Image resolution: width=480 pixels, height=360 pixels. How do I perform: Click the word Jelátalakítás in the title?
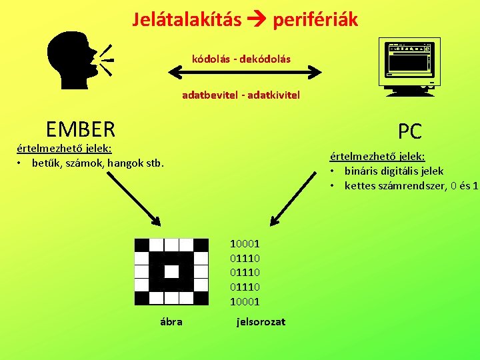click(x=187, y=20)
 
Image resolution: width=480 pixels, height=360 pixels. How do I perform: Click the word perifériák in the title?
click(x=313, y=20)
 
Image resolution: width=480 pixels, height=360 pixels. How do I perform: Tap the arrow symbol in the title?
click(x=254, y=21)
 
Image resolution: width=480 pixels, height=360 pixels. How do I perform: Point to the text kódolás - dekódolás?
click(x=241, y=59)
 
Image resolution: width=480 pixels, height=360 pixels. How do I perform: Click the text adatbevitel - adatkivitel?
click(x=241, y=95)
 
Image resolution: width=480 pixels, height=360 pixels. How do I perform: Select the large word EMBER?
click(x=81, y=128)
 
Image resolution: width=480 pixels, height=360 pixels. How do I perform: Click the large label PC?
click(x=410, y=131)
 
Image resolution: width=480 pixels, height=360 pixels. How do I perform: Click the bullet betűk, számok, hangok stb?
click(x=97, y=163)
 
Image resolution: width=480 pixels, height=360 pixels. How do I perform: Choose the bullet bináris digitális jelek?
click(x=394, y=171)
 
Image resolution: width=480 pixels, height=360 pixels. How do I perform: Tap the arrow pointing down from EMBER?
click(x=130, y=193)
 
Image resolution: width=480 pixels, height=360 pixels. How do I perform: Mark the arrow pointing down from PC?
click(x=294, y=197)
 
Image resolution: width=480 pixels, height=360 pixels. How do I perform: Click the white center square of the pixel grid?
click(x=171, y=271)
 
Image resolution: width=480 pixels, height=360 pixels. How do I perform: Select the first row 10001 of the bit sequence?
click(x=245, y=244)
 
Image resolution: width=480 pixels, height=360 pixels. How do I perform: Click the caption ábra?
click(x=171, y=321)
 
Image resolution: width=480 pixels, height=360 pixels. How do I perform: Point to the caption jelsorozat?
click(x=261, y=321)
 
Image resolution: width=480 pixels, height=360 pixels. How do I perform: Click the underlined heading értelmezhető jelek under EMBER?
click(x=64, y=149)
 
